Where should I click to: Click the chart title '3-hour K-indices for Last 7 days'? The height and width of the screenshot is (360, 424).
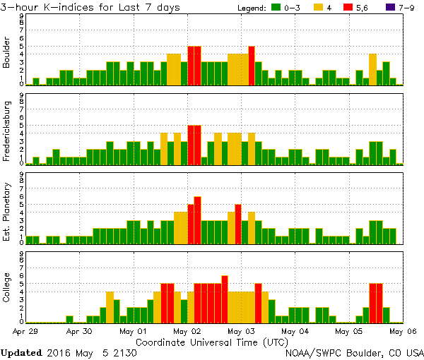click(90, 7)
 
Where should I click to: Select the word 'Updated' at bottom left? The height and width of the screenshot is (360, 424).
click(23, 352)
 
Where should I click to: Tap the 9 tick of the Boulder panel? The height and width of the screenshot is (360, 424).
click(22, 16)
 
